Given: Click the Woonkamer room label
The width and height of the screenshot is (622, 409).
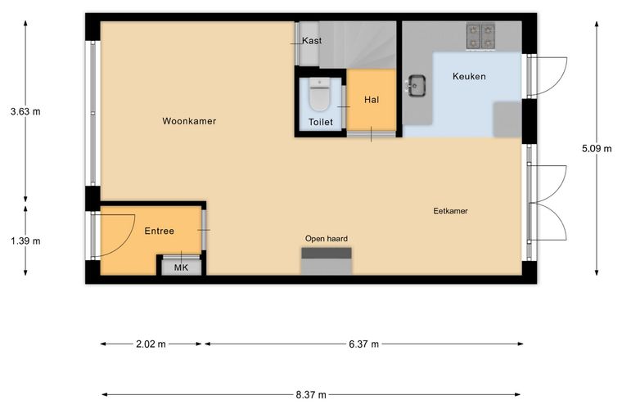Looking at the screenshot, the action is point(189,121).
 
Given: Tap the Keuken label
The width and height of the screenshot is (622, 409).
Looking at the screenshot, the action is point(469,76).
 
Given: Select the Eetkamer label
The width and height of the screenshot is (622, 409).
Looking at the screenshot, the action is point(450,211).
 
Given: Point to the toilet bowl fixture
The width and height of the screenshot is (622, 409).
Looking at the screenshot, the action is point(319,95).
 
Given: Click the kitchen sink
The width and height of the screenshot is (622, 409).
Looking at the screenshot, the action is point(417,85).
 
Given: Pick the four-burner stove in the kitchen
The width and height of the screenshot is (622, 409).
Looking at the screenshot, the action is point(480,37).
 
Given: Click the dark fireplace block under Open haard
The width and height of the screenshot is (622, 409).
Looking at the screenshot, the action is point(327,253).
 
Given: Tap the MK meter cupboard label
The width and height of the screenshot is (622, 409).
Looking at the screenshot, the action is point(182,268).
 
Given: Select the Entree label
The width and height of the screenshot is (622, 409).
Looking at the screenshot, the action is point(159,231).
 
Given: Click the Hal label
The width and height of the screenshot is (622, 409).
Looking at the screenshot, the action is point(372,100).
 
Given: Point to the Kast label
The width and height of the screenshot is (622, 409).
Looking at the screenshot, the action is point(312,40).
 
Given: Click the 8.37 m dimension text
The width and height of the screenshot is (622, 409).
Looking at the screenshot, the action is point(311,395).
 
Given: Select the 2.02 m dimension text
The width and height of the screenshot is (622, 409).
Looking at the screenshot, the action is point(151,344).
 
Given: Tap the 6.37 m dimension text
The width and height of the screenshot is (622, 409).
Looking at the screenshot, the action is point(363,344).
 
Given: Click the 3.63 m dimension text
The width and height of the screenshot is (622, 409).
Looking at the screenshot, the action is point(25,111).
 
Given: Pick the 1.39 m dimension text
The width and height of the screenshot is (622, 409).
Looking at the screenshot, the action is point(25,241).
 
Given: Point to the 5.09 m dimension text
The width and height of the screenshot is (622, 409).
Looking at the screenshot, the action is point(597,149).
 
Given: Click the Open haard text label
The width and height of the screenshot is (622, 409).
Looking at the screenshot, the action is point(326,239).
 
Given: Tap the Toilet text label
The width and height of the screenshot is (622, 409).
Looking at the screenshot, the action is point(321,122).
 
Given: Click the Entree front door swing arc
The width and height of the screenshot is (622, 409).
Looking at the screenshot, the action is point(126,242).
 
